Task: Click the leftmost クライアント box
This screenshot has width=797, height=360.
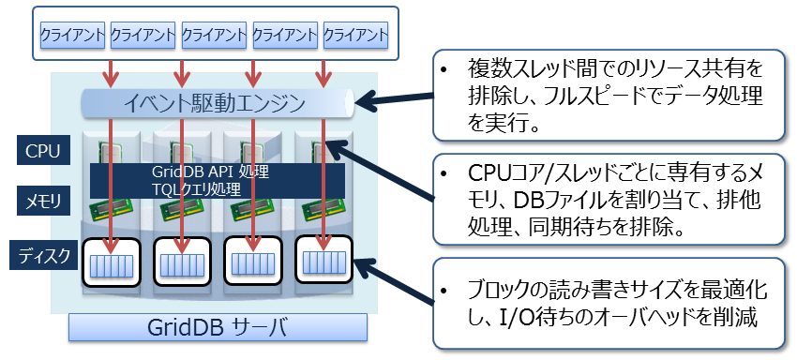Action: (72, 35)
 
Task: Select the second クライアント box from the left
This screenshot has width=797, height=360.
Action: (143, 35)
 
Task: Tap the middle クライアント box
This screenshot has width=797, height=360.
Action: (214, 35)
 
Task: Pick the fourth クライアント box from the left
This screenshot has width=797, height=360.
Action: (285, 35)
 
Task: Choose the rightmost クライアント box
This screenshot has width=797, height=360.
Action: (355, 35)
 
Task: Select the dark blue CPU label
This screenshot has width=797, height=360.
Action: (42, 149)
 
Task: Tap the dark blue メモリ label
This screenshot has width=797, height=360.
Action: (42, 200)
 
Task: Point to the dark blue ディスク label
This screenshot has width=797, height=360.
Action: (42, 253)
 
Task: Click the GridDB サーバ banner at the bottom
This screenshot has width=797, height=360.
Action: (216, 328)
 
